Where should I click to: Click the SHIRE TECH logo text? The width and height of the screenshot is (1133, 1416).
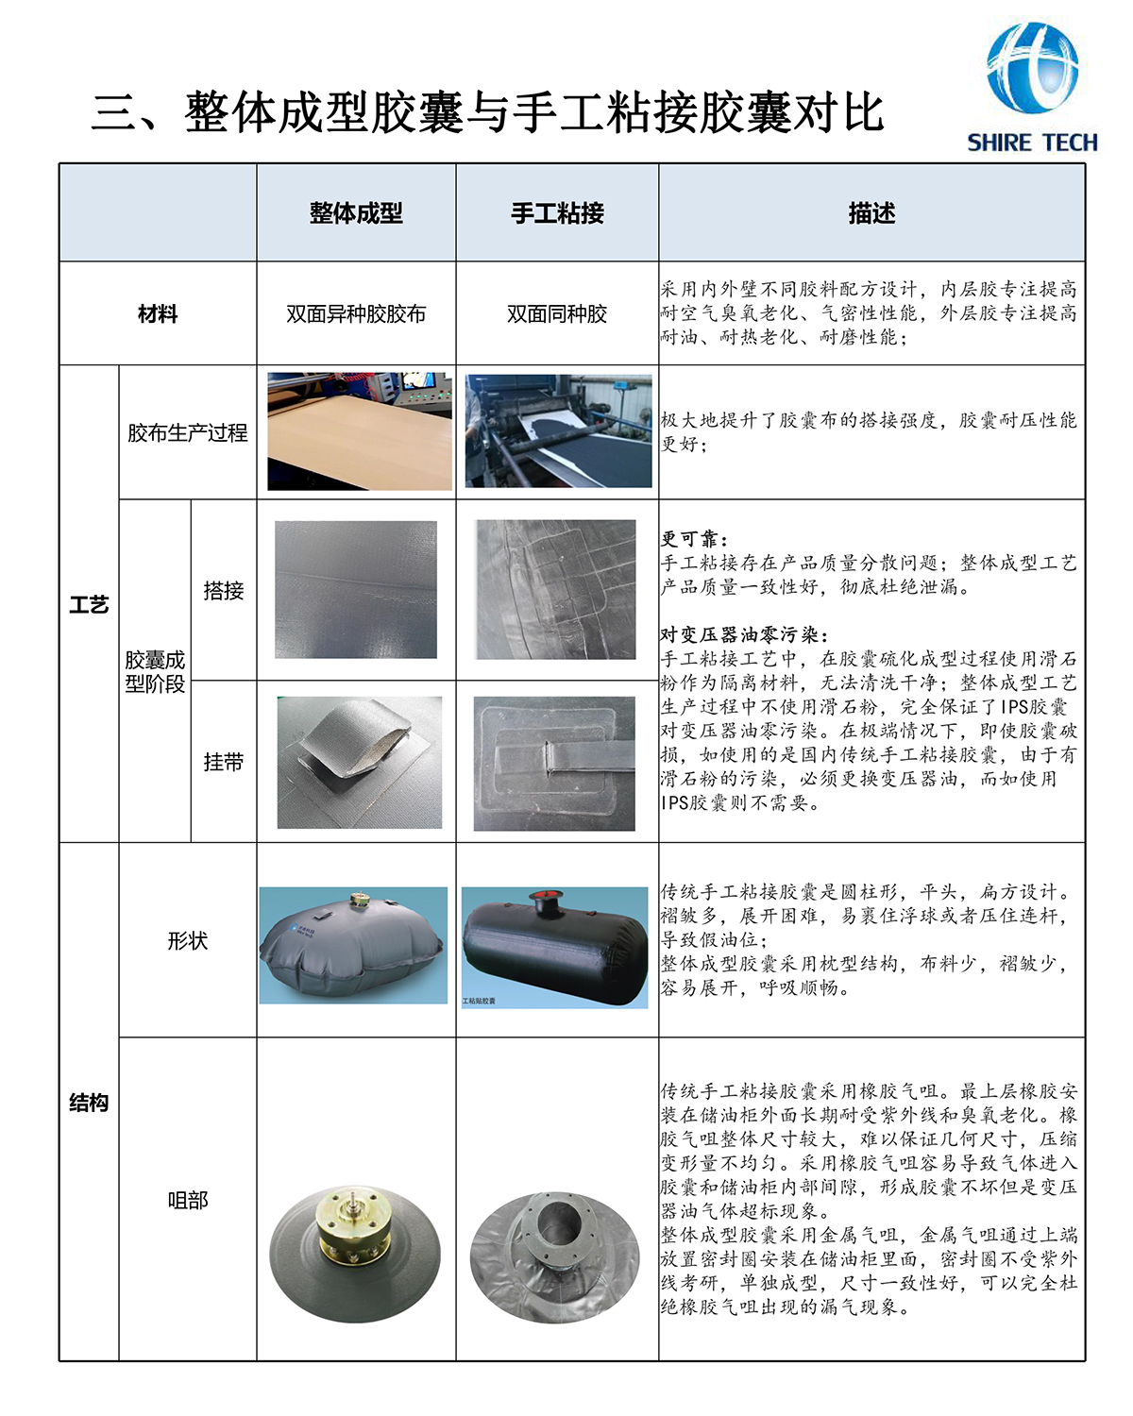click(x=1032, y=143)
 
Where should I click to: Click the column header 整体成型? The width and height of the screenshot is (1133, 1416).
click(x=356, y=213)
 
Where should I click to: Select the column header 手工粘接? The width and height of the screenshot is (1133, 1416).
click(x=557, y=213)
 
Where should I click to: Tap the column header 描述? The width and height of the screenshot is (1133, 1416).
click(x=871, y=213)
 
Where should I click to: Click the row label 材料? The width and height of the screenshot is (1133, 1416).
click(x=158, y=313)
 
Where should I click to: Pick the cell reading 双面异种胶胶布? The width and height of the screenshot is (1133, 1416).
click(x=356, y=313)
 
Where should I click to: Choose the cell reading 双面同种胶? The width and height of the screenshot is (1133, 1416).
click(x=557, y=313)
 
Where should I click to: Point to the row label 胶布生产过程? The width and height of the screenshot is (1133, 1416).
click(x=188, y=432)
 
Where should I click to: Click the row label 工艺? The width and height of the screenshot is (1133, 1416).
click(x=89, y=604)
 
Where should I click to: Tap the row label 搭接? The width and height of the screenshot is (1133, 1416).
click(x=224, y=590)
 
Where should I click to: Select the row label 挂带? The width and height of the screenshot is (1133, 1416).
click(x=224, y=762)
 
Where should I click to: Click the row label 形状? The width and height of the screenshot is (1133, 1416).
click(x=188, y=940)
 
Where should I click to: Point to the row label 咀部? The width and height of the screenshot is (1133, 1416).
click(x=188, y=1200)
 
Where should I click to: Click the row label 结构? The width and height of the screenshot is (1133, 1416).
click(x=89, y=1103)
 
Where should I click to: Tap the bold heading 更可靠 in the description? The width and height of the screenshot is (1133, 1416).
click(x=694, y=539)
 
